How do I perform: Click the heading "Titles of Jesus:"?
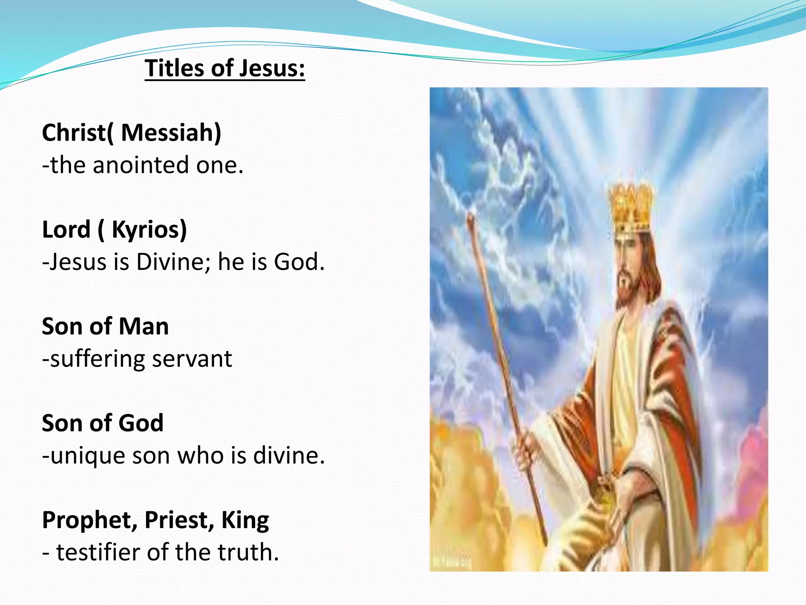(225, 68)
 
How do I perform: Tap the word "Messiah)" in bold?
(171, 133)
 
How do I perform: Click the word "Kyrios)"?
(149, 230)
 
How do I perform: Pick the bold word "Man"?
(144, 327)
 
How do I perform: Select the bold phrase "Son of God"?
(103, 423)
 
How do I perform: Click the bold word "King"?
(245, 520)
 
